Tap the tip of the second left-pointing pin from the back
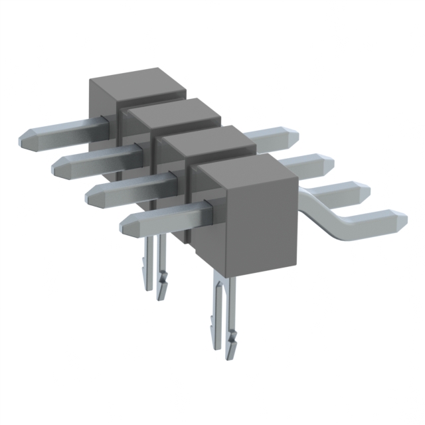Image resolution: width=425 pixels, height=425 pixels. [56, 167]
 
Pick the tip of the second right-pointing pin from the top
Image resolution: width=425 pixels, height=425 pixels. [330, 162]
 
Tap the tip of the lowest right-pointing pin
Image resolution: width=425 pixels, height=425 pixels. [403, 217]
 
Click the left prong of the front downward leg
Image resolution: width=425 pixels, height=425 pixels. [216, 312]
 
